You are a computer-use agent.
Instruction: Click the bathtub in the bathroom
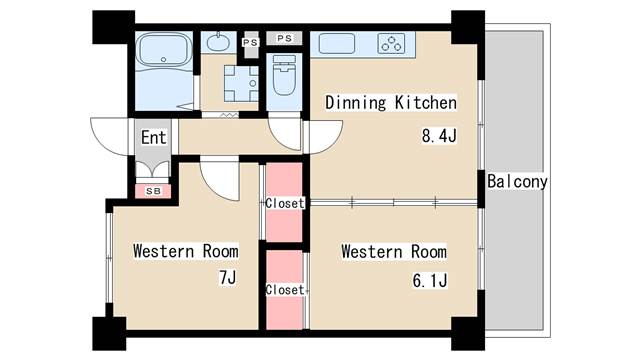[164, 49]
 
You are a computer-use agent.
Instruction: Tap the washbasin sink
[218, 42]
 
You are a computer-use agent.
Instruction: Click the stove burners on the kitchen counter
[391, 43]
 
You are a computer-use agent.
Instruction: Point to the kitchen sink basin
[337, 43]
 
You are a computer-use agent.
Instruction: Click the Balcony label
[517, 182]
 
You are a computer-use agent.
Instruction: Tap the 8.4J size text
[439, 136]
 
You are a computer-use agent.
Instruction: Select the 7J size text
[228, 278]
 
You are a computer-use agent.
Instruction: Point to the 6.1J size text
[430, 281]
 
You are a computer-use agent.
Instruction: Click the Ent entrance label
[153, 138]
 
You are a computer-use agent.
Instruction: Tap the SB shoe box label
[153, 191]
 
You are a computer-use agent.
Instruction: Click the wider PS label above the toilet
[284, 38]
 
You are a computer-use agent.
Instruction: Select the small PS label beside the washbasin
[250, 42]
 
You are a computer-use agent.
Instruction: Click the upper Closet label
[285, 203]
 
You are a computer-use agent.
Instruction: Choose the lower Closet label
[285, 290]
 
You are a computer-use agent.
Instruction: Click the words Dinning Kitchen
[391, 102]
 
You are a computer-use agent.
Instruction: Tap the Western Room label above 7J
[186, 251]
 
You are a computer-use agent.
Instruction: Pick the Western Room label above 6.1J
[394, 251]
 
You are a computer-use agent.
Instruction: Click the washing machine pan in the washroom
[241, 84]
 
